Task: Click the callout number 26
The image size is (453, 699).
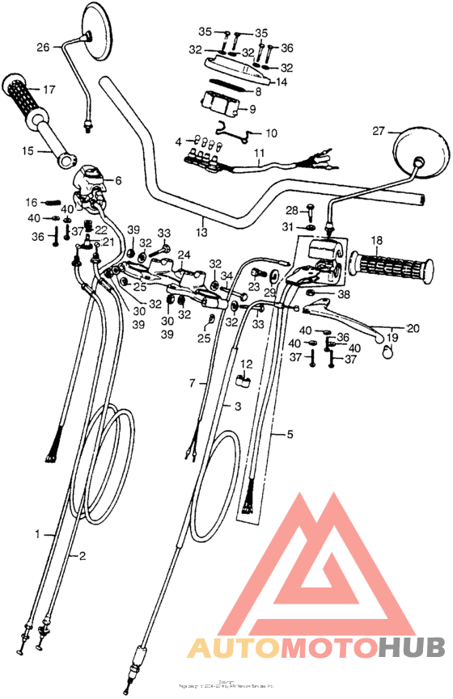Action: tap(43, 47)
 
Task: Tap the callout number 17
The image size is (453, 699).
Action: tap(49, 89)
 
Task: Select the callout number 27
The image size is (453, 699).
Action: tap(377, 131)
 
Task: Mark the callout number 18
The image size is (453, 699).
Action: tap(376, 241)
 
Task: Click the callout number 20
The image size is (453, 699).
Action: tap(414, 328)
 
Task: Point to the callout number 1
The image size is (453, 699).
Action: tap(37, 534)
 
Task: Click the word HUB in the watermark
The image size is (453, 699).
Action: tap(412, 647)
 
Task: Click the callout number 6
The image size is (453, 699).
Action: tap(118, 180)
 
